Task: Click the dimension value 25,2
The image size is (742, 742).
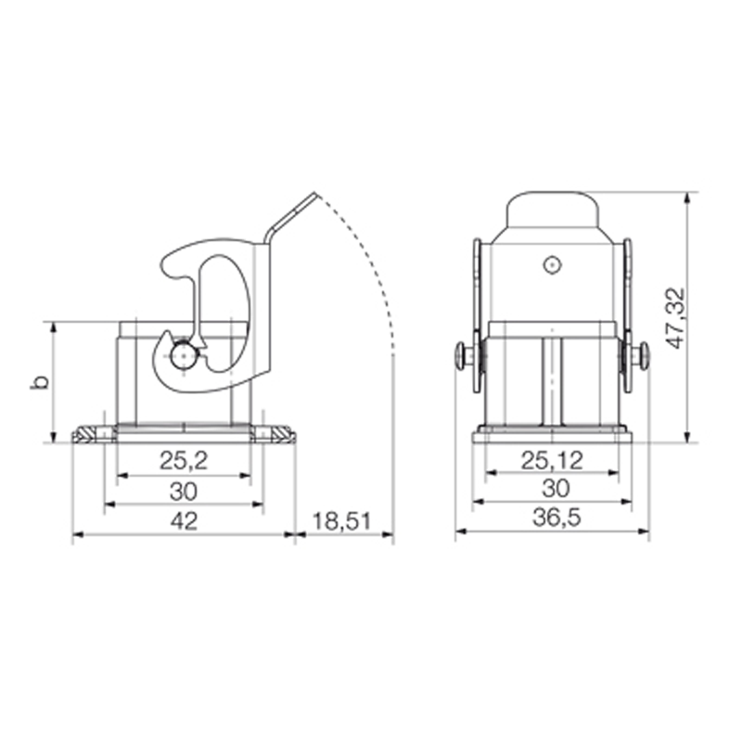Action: [x=184, y=460]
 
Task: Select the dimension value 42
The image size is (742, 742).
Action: [x=184, y=521]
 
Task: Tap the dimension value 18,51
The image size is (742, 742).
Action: [x=342, y=521]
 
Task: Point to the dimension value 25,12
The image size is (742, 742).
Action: [x=552, y=460]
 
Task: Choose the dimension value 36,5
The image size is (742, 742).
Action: [x=556, y=518]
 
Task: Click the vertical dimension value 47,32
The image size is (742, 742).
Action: [x=675, y=318]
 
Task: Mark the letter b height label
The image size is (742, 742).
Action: [x=39, y=381]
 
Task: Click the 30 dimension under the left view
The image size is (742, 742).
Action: [x=184, y=492]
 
